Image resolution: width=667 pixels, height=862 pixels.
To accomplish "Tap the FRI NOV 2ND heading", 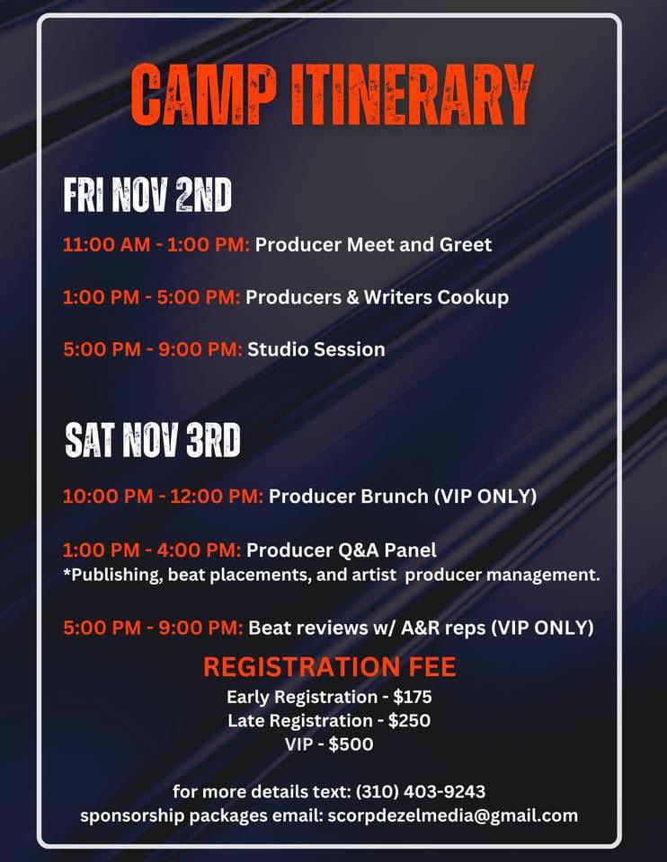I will [x=147, y=195].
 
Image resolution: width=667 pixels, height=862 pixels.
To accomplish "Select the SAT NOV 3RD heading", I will [x=153, y=441].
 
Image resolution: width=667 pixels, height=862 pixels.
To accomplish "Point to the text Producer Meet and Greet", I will [x=374, y=244].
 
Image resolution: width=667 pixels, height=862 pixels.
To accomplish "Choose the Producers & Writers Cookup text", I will [x=377, y=297].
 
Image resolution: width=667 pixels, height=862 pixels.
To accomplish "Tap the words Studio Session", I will [x=316, y=349].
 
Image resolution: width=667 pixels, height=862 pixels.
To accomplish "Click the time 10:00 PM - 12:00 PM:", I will [x=163, y=496].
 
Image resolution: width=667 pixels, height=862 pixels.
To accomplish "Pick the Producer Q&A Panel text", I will [x=342, y=550].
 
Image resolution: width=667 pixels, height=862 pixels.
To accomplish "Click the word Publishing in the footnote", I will [x=115, y=575].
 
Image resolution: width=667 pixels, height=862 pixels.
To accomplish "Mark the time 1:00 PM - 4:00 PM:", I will [x=152, y=550].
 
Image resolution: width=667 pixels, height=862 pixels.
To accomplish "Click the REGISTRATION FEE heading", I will [x=329, y=667].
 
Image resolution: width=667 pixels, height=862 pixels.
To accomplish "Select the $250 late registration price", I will [x=410, y=720].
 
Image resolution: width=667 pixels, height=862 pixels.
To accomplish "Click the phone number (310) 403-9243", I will [x=421, y=791].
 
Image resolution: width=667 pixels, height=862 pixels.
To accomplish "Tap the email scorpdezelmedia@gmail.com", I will [x=451, y=815].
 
